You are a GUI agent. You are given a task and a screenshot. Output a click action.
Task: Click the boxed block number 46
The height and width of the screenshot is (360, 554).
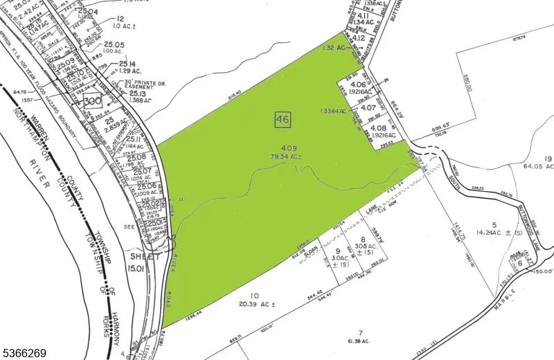282,119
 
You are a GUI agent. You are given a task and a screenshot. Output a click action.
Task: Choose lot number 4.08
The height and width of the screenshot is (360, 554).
378,127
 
